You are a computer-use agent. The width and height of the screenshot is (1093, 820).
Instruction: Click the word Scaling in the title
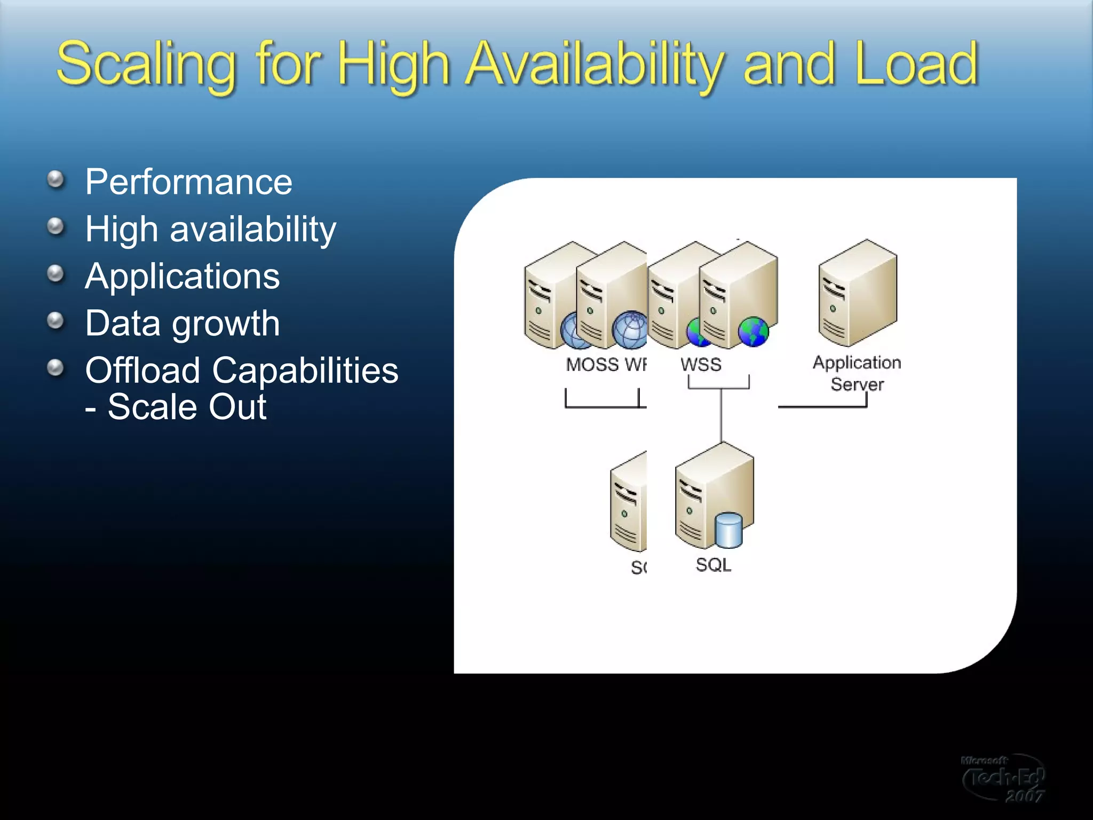(x=146, y=65)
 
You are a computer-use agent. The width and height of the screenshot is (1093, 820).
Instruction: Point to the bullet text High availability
(x=210, y=229)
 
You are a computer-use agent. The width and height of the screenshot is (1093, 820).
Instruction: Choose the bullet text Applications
(x=182, y=276)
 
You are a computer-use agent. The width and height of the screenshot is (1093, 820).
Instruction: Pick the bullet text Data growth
(x=182, y=323)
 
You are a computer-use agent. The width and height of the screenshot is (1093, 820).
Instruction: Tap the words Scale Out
(x=187, y=407)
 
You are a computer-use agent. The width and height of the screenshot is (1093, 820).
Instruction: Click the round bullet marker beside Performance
(x=56, y=180)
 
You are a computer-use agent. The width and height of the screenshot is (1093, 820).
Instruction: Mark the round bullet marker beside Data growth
(x=56, y=321)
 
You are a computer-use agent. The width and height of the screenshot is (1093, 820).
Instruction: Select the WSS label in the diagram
(x=701, y=365)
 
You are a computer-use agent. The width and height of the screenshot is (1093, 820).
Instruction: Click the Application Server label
(x=857, y=373)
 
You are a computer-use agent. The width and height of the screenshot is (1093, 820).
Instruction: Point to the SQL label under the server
(x=714, y=565)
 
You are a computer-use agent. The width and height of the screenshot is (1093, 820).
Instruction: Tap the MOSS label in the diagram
(x=591, y=365)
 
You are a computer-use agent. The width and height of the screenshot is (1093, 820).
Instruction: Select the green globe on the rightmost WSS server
(x=753, y=331)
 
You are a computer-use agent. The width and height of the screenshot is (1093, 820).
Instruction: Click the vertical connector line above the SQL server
(x=721, y=416)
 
